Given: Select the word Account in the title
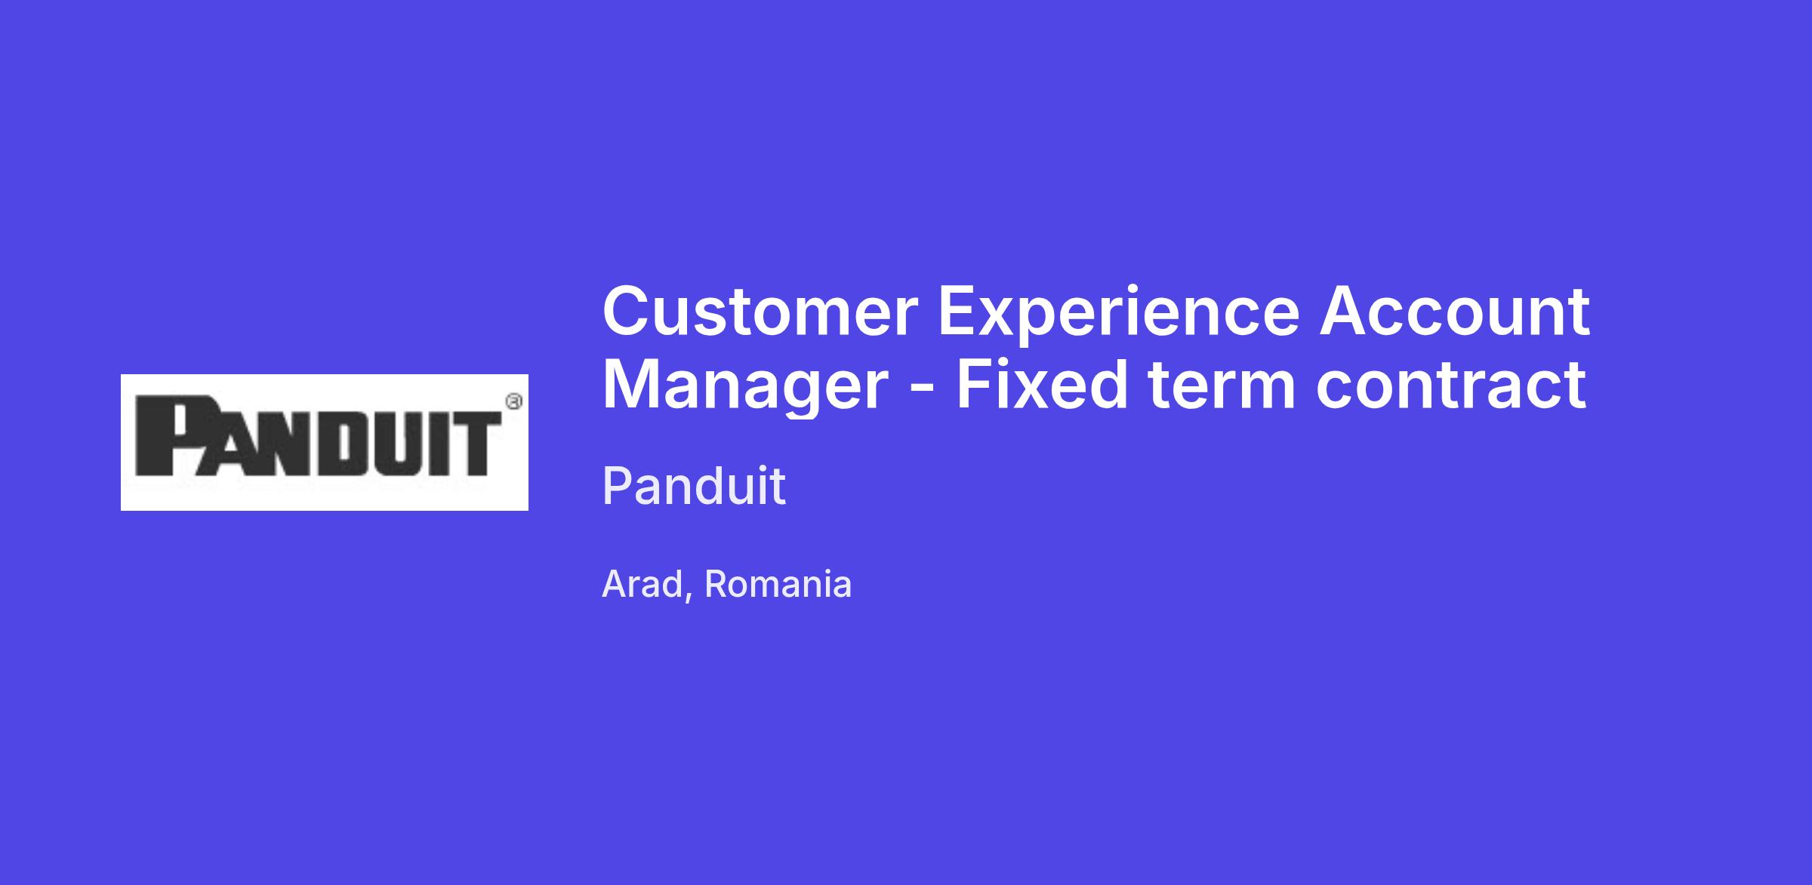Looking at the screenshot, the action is [1454, 311].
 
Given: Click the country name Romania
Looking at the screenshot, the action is [778, 584].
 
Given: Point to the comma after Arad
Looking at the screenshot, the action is [689, 596].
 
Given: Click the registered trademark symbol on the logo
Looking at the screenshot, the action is [513, 402].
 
